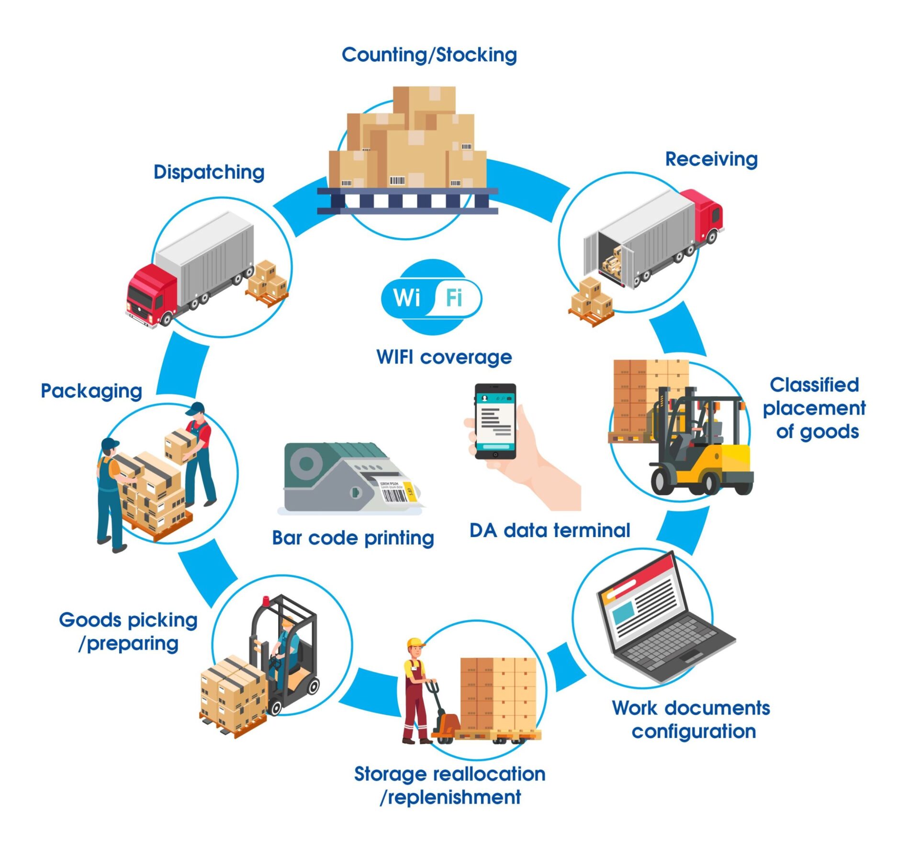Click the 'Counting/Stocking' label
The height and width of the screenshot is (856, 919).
pyautogui.click(x=429, y=55)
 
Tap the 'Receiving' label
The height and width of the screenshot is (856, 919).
pyautogui.click(x=711, y=159)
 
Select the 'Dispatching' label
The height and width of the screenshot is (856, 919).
pyautogui.click(x=209, y=172)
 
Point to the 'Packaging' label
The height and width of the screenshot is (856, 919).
pyautogui.click(x=91, y=391)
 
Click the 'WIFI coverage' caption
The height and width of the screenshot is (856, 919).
pyautogui.click(x=444, y=357)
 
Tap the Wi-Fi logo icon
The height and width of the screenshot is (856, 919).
pyautogui.click(x=431, y=297)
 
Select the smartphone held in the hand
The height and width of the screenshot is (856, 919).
pyautogui.click(x=495, y=421)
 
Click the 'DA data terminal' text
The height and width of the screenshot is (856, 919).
pyautogui.click(x=549, y=530)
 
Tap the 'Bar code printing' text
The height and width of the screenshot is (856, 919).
pyautogui.click(x=353, y=538)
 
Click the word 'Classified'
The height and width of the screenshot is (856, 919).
pyautogui.click(x=814, y=385)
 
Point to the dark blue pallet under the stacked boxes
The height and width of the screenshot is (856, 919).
pyautogui.click(x=407, y=201)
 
